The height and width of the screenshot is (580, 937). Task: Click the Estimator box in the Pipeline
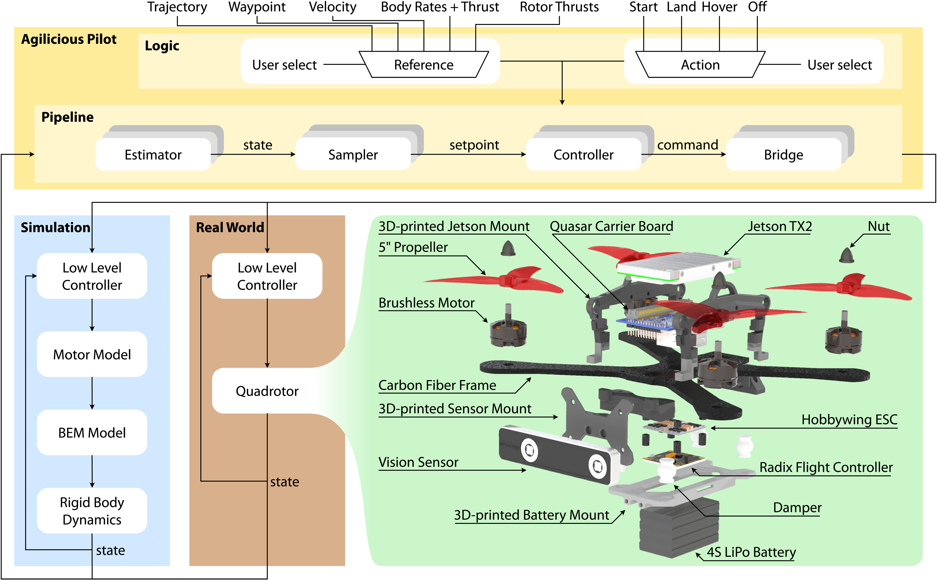pos(153,155)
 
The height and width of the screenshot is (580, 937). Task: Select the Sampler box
pos(353,155)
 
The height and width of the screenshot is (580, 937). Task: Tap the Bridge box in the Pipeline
pos(783,155)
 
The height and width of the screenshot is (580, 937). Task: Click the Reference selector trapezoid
pos(424,64)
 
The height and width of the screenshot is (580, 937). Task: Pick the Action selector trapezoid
pos(700,64)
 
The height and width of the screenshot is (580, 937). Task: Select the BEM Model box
pos(92,432)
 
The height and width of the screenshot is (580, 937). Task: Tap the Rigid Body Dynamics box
pos(92,511)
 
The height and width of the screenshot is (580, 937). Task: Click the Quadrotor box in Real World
pos(267,391)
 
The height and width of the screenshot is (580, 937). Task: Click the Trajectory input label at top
pos(177,7)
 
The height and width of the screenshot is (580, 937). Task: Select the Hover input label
pos(719,7)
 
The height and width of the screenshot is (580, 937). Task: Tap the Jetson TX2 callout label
pos(779,226)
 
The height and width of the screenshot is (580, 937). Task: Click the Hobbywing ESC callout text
pos(849,420)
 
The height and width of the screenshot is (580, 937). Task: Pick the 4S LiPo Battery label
pos(751,552)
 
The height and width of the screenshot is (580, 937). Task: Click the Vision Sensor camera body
pos(556,455)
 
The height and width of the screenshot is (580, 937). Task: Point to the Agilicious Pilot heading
pos(69,39)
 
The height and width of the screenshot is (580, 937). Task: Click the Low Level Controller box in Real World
pos(267,276)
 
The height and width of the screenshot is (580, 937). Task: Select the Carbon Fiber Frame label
pos(437,385)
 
